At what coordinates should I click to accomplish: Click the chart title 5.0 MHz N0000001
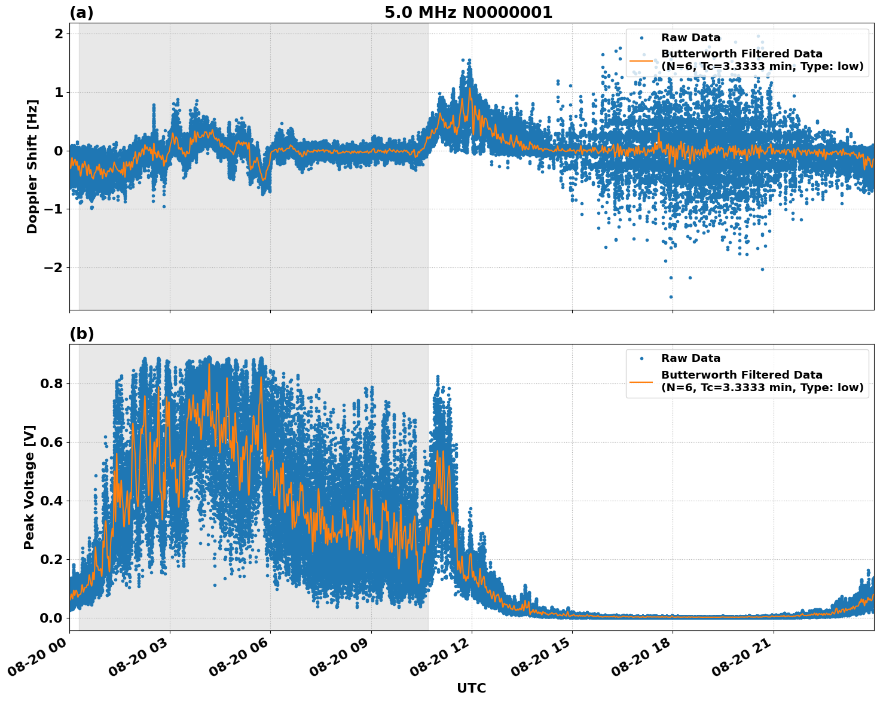[x=468, y=13]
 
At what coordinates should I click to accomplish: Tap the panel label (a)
[x=81, y=13]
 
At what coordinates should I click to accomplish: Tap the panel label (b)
[x=81, y=334]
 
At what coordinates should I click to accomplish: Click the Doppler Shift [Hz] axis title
[x=32, y=166]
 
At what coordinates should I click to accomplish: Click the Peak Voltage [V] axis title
[x=29, y=487]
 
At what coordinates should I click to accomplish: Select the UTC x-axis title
[x=471, y=688]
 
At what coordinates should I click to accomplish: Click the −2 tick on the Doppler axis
[x=53, y=267]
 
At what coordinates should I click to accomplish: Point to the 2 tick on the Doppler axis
[x=59, y=34]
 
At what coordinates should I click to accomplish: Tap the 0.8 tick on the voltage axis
[x=51, y=383]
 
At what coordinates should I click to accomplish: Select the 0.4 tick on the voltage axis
[x=51, y=501]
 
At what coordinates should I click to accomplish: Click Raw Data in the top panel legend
[x=690, y=38]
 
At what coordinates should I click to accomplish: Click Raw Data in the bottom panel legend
[x=690, y=358]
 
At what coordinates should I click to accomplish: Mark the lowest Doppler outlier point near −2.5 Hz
[x=671, y=297]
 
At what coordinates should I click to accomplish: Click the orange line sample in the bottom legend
[x=641, y=381]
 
